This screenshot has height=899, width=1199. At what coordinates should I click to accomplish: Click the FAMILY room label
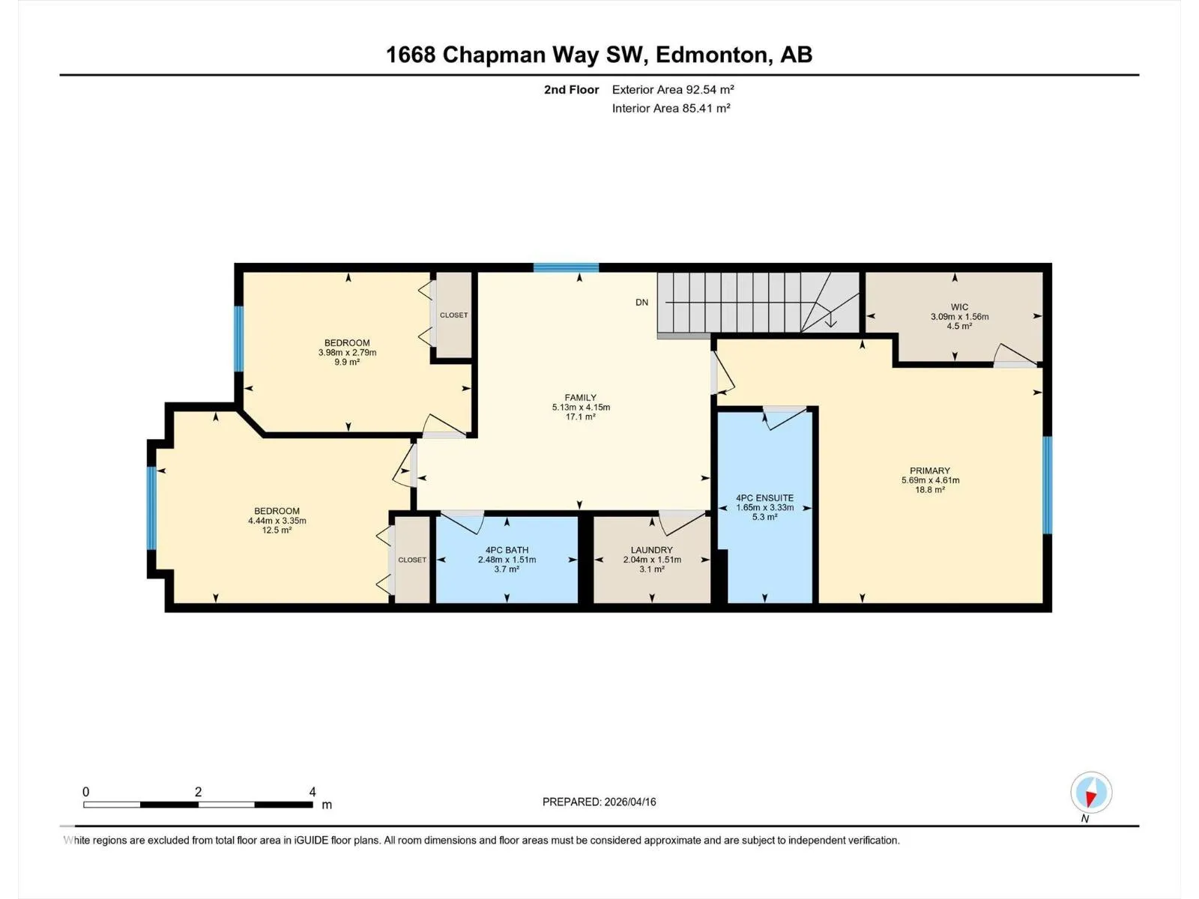coord(580,398)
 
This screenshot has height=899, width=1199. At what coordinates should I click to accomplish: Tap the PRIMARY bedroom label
coord(930,470)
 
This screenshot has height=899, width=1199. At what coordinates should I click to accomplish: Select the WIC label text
coord(959,307)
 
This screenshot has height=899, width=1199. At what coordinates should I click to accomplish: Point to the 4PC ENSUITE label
coord(764,497)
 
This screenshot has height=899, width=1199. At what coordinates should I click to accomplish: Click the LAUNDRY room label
coord(652,550)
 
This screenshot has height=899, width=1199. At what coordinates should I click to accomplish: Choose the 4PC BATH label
coord(507,550)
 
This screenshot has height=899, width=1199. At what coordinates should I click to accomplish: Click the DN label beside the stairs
coord(641,303)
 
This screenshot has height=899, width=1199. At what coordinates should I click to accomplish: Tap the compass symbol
coord(1091,793)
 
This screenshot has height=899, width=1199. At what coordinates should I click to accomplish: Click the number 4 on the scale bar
coord(312,791)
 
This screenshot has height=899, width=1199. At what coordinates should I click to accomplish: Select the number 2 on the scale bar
coord(199,791)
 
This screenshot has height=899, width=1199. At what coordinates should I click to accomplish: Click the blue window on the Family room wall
coord(566,267)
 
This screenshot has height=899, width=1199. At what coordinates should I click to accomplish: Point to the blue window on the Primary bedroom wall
coord(1048,485)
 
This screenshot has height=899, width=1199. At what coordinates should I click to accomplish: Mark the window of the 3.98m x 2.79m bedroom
coord(239,339)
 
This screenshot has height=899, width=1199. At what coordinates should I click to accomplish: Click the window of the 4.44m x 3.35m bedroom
coord(151,508)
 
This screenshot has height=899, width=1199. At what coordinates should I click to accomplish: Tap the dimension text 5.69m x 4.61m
coord(930,480)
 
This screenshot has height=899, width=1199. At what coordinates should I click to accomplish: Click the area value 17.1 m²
coord(580,417)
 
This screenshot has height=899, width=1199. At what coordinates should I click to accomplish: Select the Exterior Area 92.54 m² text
coord(673,89)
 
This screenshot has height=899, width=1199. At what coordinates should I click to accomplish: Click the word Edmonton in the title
coord(714,55)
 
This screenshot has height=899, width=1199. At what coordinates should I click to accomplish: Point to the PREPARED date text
coord(599,802)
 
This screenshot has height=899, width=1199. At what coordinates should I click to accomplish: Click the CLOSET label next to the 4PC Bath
coord(412,560)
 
